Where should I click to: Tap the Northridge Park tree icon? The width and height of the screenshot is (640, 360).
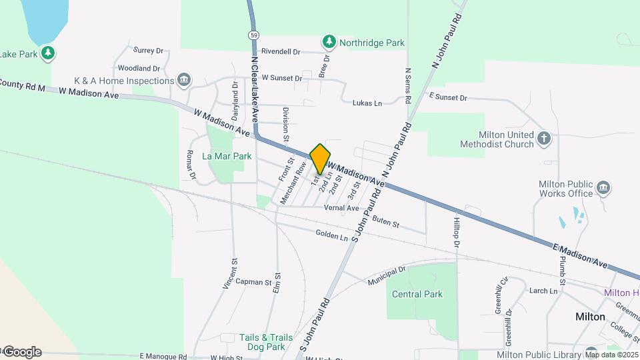pos(329,43)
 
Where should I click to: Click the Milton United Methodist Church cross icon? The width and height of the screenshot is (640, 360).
pos(545,139)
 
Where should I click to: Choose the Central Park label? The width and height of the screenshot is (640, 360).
pos(417,294)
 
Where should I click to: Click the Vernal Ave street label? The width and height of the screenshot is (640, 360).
pos(341,208)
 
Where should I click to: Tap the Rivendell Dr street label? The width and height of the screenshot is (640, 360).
pos(281,51)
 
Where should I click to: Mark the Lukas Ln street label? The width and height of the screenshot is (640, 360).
pos(367,103)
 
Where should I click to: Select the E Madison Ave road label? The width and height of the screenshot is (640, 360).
pos(580,256)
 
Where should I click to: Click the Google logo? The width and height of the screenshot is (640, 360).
pos(21,352)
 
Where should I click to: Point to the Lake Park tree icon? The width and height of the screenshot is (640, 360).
pos(47,53)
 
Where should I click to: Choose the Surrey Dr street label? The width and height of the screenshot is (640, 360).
pos(148,50)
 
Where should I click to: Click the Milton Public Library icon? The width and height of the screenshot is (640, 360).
pos(591,353)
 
